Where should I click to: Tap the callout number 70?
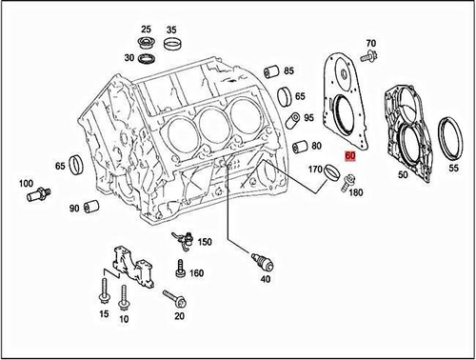click(x=371, y=44)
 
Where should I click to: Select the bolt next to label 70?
click(x=369, y=59)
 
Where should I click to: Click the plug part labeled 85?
click(x=269, y=72)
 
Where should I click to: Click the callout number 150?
click(x=231, y=244)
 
